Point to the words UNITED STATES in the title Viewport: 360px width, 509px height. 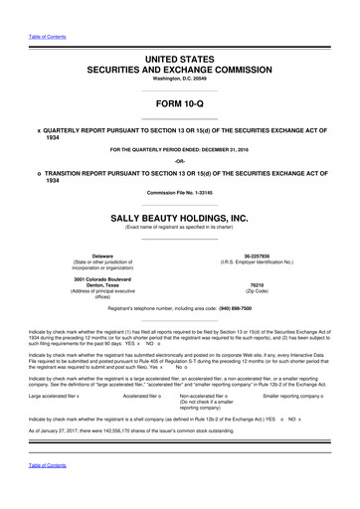pos(180,61)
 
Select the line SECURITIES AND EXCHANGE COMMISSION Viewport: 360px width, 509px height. pos(180,73)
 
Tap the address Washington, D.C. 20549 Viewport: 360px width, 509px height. pos(180,83)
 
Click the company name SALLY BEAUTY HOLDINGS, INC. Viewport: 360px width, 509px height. pos(180,217)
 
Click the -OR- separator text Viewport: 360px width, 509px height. pos(180,160)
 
